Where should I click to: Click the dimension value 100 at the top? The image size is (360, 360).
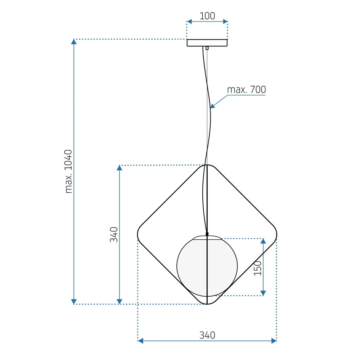207,16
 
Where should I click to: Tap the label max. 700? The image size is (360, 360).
247,90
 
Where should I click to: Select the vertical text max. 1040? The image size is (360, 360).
69,171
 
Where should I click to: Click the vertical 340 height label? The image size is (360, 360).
114,234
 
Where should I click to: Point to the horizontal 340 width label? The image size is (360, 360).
207,335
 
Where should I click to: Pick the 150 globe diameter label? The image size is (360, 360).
258,268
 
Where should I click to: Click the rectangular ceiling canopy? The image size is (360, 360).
207,43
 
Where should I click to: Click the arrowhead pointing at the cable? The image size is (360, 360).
213,106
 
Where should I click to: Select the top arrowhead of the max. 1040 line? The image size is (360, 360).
74,42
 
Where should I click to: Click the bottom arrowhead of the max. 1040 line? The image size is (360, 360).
74,301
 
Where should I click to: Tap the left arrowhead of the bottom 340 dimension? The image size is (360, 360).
141,341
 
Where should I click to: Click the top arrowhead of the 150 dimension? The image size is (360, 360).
263,241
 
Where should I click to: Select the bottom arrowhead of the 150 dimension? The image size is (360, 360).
263,293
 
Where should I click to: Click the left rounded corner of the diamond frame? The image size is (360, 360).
138,235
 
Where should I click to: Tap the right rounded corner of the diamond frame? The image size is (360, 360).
276,235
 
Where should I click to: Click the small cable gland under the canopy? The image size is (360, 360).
207,48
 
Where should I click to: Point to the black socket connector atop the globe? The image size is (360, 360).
207,234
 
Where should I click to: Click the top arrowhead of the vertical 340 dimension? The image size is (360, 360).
120,168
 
